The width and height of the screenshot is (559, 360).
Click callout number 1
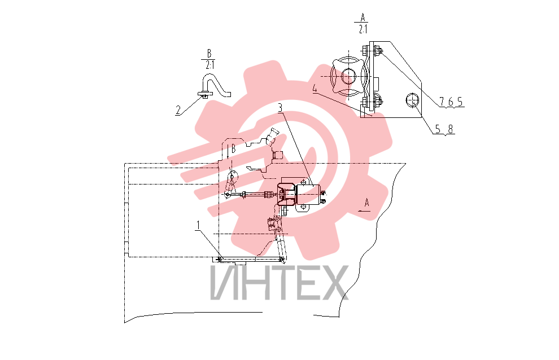tap(198, 225)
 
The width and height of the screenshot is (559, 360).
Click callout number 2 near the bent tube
tap(178, 111)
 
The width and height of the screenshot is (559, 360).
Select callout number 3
tap(280, 108)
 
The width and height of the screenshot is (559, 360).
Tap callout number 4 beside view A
tap(315, 89)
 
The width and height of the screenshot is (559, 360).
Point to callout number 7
tap(442, 102)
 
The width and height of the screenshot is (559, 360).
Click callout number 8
tap(451, 129)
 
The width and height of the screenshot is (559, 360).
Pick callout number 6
tap(451, 102)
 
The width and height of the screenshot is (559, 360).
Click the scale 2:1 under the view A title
tap(363, 29)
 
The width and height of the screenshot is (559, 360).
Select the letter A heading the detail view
tap(363, 17)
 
